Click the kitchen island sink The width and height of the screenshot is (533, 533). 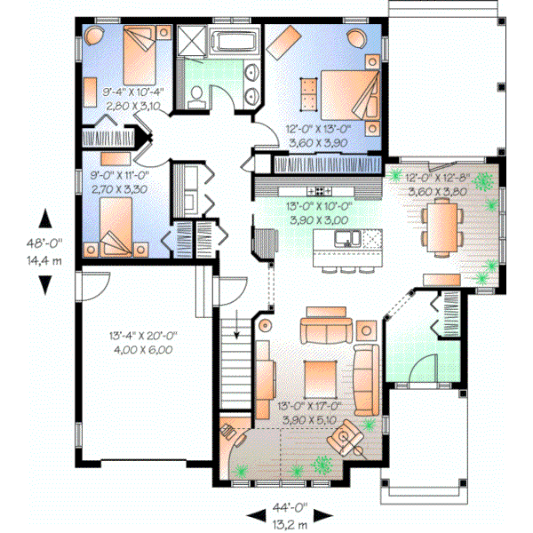(x=346, y=238)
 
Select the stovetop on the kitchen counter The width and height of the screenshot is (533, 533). (x=316, y=190)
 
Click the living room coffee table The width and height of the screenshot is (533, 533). (x=319, y=378)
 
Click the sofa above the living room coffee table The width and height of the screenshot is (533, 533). (x=325, y=330)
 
